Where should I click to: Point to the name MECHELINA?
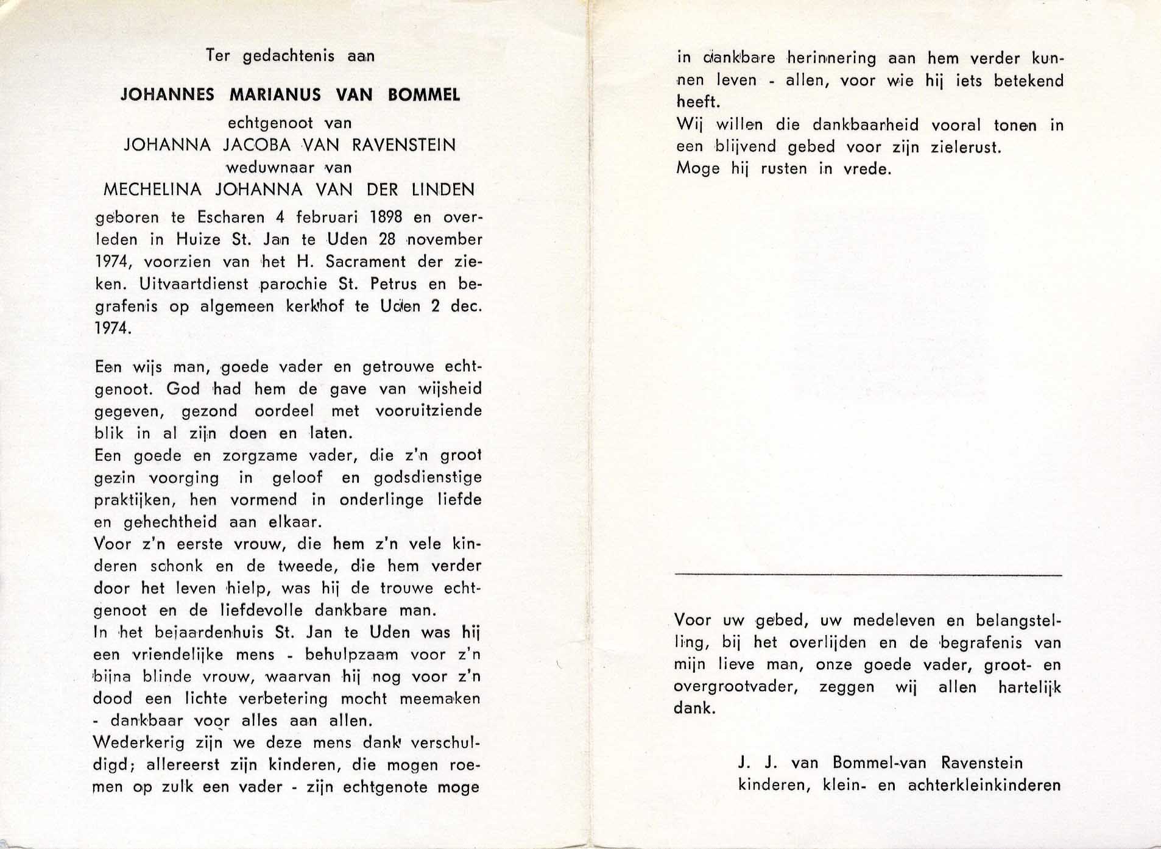coord(152,190)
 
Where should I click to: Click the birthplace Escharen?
coord(231,218)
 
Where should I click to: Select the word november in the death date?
coord(444,240)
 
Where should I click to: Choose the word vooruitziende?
coord(428,411)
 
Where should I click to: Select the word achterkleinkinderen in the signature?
coord(984,785)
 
